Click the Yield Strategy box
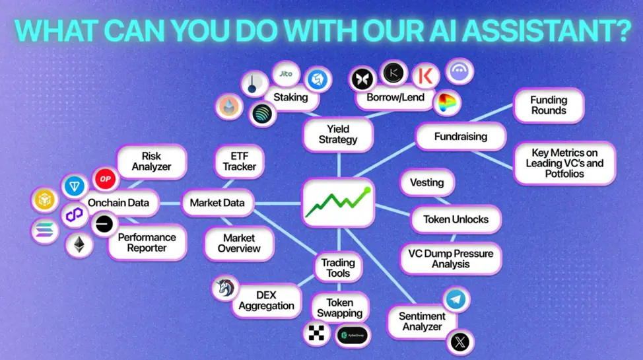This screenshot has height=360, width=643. [338, 134]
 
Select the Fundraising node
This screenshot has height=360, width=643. [461, 136]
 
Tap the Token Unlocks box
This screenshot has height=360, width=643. [456, 219]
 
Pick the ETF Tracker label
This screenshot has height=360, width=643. [239, 161]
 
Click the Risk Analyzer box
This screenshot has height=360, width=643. [151, 161]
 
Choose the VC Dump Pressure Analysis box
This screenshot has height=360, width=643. [451, 259]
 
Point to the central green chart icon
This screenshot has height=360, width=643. [338, 202]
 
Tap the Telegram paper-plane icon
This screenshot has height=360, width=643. [456, 299]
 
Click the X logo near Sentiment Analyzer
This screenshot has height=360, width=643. [459, 342]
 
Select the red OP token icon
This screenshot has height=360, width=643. [105, 178]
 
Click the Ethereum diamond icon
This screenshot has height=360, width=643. [79, 245]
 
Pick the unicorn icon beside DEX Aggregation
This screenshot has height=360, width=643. [225, 287]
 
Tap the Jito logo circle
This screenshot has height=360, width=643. [286, 74]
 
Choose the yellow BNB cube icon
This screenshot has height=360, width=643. [44, 200]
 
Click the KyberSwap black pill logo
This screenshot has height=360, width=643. [353, 336]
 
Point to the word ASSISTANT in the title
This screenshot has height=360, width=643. [539, 31]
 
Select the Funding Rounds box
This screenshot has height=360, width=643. [549, 106]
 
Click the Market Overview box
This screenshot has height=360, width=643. [239, 244]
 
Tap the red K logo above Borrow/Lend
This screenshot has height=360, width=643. [425, 76]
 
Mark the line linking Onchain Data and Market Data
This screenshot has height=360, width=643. [170, 203]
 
